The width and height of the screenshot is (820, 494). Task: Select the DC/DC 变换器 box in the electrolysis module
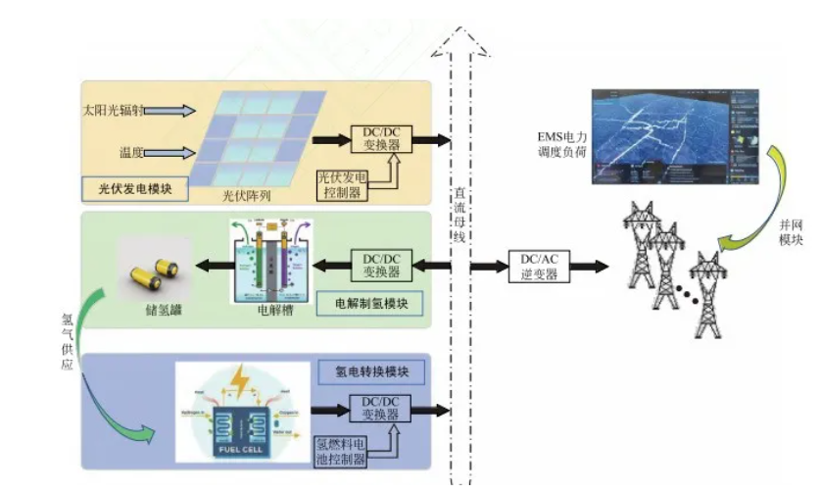[x=375, y=265]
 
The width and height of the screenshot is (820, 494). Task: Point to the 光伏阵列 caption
[x=246, y=195]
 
